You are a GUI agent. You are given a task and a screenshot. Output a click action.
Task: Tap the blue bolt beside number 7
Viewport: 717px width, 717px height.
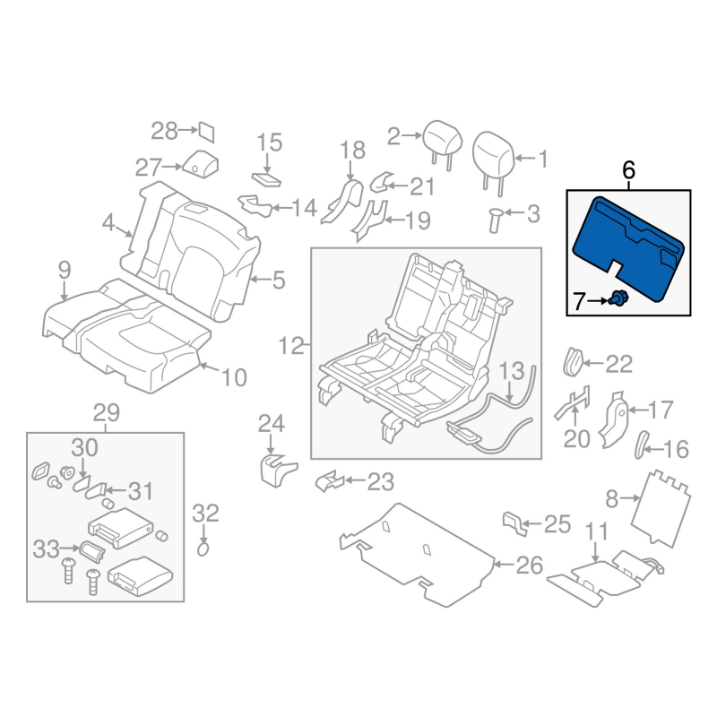[618, 298]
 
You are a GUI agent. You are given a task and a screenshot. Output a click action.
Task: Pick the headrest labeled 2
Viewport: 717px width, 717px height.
[442, 140]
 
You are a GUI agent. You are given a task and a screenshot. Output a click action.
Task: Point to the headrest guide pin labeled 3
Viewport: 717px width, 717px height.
[495, 220]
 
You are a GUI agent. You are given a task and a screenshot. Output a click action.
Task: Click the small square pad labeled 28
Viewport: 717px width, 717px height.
[206, 132]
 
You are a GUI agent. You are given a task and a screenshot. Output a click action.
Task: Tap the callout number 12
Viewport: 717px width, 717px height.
[291, 346]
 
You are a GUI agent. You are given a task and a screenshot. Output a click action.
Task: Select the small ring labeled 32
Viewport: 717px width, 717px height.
[203, 549]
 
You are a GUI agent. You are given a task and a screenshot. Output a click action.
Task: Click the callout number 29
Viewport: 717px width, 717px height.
[107, 413]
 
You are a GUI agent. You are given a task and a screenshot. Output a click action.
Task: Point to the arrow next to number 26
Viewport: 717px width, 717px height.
[505, 565]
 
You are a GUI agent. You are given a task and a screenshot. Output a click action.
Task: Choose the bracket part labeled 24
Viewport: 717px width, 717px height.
[278, 470]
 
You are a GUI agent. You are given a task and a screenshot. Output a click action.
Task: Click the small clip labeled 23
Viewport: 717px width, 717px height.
[330, 481]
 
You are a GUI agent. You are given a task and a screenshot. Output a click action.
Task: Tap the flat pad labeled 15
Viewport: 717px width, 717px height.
[266, 179]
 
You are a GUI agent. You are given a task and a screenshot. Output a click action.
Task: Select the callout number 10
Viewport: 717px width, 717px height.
[234, 377]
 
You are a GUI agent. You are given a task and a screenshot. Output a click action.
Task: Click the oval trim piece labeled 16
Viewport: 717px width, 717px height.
[641, 445]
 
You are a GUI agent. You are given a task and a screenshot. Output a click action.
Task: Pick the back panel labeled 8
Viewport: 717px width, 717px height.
[661, 508]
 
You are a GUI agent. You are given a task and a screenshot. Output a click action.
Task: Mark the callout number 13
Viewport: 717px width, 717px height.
[512, 371]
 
